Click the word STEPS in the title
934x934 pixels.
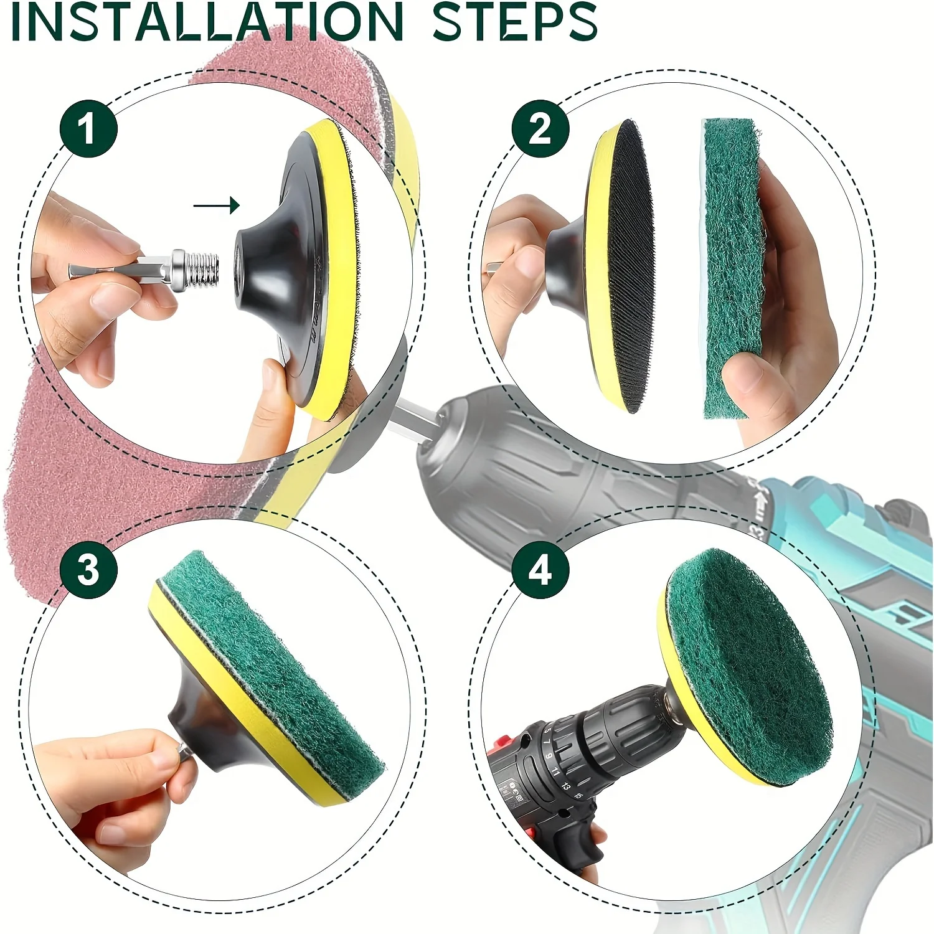click(514, 22)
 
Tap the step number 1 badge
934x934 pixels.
click(88, 129)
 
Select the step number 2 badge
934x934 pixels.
click(540, 129)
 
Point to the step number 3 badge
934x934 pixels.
click(88, 569)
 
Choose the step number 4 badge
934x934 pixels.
click(540, 569)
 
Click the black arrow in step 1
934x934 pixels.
click(217, 205)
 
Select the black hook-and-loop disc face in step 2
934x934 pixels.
click(629, 266)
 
